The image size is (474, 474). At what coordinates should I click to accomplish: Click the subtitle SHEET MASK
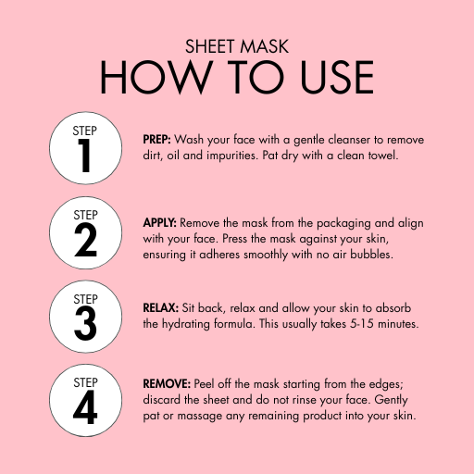[x=237, y=46]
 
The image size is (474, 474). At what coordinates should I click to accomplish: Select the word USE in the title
[x=337, y=77]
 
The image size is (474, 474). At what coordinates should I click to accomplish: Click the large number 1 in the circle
[x=84, y=156]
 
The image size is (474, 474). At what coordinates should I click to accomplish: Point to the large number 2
[x=85, y=240]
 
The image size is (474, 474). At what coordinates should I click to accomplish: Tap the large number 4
[x=85, y=407]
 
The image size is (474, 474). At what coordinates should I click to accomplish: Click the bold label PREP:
[x=156, y=140]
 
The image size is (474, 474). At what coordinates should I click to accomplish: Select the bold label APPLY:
[x=159, y=223]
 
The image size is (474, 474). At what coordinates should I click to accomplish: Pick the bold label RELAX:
[x=161, y=307]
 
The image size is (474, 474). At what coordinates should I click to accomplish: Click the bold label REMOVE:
[x=167, y=384]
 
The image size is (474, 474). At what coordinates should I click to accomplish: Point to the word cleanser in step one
[x=349, y=140]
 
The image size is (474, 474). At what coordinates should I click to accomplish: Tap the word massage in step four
[x=200, y=417]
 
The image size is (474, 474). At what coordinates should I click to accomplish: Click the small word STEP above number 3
[x=85, y=299]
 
